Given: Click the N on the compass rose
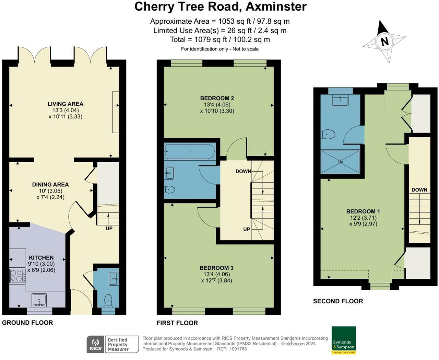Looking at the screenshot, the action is pyautogui.click(x=384, y=41).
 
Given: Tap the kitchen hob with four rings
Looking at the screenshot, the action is pyautogui.click(x=17, y=276).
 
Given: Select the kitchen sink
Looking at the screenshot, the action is pyautogui.click(x=39, y=300).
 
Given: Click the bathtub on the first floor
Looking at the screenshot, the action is pyautogui.click(x=189, y=151).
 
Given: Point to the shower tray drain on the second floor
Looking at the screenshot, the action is pyautogui.click(x=340, y=162).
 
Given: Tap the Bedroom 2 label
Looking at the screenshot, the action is pyautogui.click(x=217, y=98).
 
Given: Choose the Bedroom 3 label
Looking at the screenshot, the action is pyautogui.click(x=216, y=268).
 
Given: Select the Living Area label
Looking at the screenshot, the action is pyautogui.click(x=66, y=104).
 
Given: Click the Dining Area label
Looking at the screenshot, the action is pyautogui.click(x=50, y=184).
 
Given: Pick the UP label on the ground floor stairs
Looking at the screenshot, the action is pyautogui.click(x=109, y=228).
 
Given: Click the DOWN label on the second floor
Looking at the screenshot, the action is pyautogui.click(x=419, y=190).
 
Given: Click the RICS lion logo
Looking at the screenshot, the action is pyautogui.click(x=95, y=344).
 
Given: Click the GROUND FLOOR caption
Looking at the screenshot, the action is pyautogui.click(x=27, y=323).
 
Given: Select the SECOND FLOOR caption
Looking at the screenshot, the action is pyautogui.click(x=338, y=301).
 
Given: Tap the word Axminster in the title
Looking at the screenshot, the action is pyautogui.click(x=276, y=7).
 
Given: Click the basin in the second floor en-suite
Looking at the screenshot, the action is pyautogui.click(x=340, y=101).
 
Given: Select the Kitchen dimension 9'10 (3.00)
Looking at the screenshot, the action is pyautogui.click(x=41, y=264).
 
